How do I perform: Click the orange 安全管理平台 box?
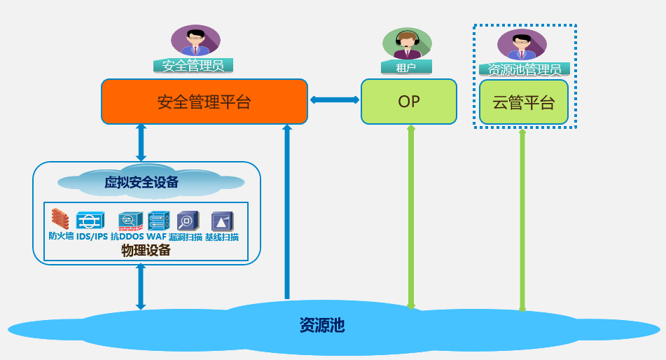(204, 102)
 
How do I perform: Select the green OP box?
(409, 102)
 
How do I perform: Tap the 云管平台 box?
(523, 102)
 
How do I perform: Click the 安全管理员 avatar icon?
(195, 41)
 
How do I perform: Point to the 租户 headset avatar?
(406, 43)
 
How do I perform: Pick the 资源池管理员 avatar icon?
(522, 45)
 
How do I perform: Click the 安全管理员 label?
(193, 66)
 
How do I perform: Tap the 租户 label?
(406, 67)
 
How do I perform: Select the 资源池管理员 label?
(524, 69)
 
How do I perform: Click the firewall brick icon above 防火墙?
(61, 219)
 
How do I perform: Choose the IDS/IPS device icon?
(90, 221)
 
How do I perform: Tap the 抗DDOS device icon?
(130, 221)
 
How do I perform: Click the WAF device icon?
(158, 221)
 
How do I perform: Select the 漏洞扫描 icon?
(188, 221)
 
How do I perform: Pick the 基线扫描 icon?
(222, 221)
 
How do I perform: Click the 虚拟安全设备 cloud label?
(141, 183)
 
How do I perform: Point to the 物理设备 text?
(146, 250)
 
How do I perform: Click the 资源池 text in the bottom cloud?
(322, 325)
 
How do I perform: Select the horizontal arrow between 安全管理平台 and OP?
(335, 100)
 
